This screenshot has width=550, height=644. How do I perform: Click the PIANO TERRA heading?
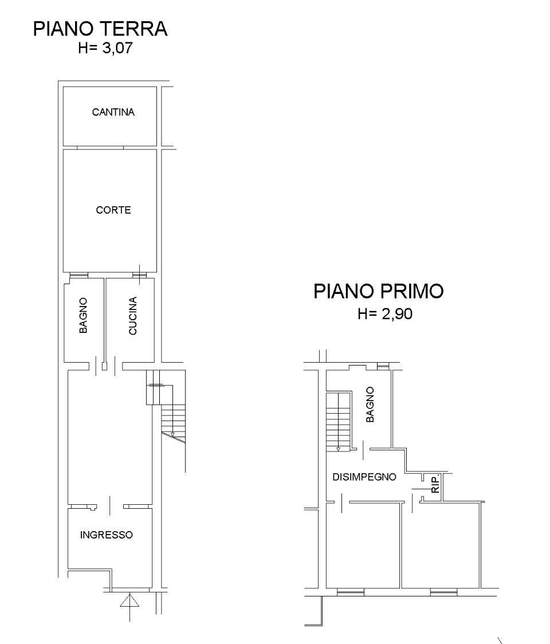tap(100, 29)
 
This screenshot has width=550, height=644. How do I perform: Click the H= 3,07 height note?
tap(105, 48)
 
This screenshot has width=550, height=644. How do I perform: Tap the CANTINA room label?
tap(113, 112)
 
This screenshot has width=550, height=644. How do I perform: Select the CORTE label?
tap(113, 210)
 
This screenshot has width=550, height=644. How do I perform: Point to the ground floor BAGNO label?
tap(83, 316)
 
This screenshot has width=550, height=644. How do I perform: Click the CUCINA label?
tap(133, 316)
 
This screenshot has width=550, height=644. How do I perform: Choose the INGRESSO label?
tap(107, 535)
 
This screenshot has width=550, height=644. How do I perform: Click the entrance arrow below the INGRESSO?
tap(129, 606)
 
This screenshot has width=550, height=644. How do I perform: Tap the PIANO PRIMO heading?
tap(378, 291)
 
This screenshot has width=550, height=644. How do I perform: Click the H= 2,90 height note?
tap(385, 314)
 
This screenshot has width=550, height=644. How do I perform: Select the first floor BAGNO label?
tap(370, 404)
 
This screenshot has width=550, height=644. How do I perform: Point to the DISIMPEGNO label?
tap(364, 477)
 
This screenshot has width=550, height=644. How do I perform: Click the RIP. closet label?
tap(436, 484)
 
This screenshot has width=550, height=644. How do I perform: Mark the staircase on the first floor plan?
tap(339, 422)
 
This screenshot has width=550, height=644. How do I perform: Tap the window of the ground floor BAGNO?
tap(78, 275)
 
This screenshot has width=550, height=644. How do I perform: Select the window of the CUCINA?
tap(139, 275)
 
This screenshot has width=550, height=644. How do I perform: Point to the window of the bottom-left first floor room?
tap(351, 592)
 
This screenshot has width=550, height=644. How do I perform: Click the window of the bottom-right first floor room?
tap(443, 592)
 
